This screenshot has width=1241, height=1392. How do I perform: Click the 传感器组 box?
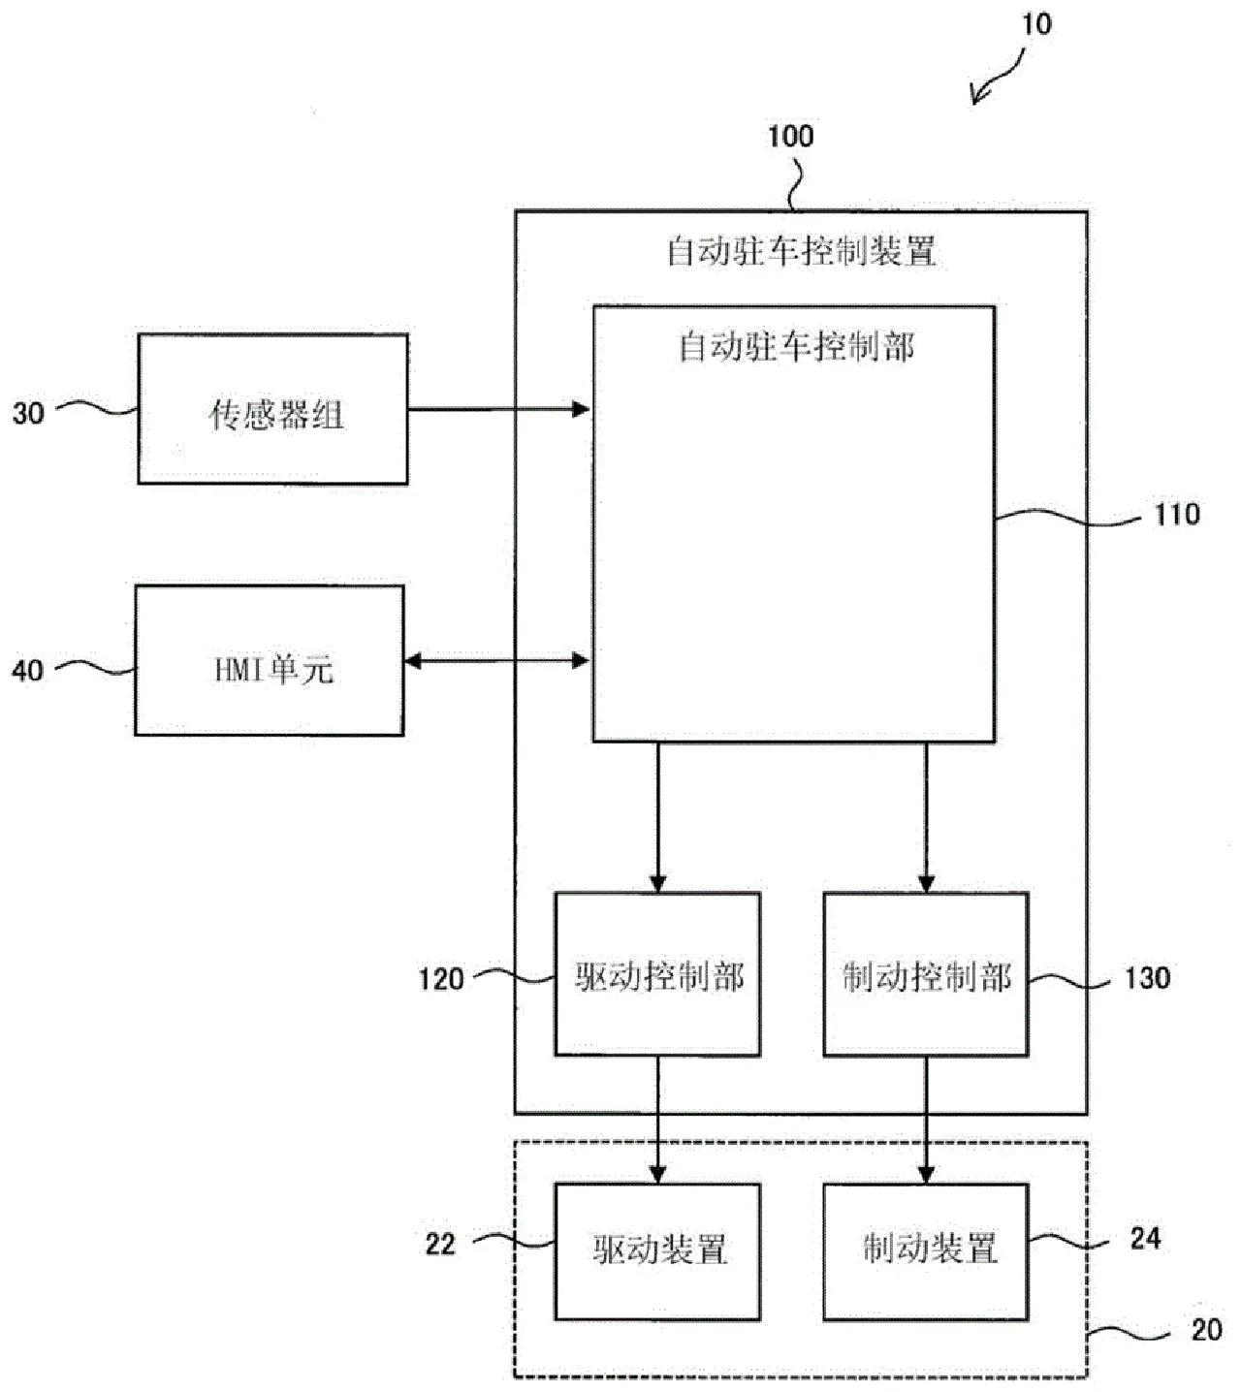272,409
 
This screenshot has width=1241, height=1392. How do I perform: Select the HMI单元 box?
270,661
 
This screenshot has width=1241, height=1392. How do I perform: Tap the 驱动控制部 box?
657,974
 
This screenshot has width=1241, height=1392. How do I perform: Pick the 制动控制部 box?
926,974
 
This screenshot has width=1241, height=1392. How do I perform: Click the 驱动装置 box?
657,1251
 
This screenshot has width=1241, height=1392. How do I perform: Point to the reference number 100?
790,137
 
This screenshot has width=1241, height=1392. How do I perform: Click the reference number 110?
1177,515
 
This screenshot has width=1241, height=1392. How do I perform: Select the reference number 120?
441,979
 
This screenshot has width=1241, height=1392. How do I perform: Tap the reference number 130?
1148,978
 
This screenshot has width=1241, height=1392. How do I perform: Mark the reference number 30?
28,414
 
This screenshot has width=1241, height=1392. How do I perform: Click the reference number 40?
28,670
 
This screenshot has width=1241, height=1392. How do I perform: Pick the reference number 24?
1145,1239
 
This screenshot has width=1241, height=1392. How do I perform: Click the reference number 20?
1206,1330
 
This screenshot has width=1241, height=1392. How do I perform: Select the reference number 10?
1036,24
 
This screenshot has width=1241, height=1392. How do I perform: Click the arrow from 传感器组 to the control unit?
498,410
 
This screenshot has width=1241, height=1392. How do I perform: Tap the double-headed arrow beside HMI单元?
496,661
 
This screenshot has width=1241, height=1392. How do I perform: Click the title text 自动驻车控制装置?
801,252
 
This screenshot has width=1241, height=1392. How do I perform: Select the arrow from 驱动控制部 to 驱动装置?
658,1120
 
